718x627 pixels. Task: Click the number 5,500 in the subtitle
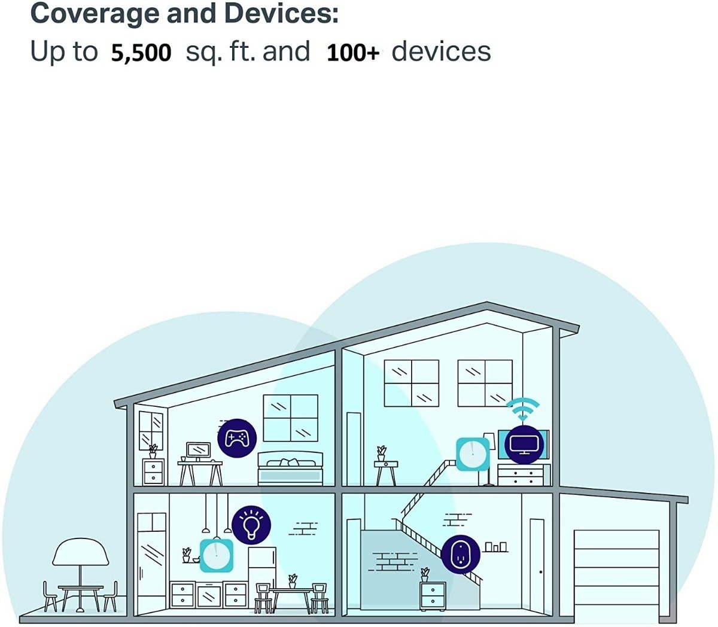pyautogui.click(x=141, y=53)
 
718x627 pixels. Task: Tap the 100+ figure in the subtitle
pyautogui.click(x=353, y=53)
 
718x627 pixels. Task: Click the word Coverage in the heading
pyautogui.click(x=95, y=14)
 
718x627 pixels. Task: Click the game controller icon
pyautogui.click(x=237, y=438)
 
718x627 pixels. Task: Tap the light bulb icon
pyautogui.click(x=251, y=525)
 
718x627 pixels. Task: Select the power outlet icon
pyautogui.click(x=461, y=555)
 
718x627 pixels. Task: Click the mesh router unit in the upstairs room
pyautogui.click(x=473, y=454)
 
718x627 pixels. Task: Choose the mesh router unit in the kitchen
pyautogui.click(x=217, y=556)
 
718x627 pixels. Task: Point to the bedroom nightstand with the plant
pyautogui.click(x=153, y=472)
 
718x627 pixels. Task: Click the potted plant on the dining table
pyautogui.click(x=293, y=582)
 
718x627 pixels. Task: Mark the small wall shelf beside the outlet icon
pyautogui.click(x=496, y=547)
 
